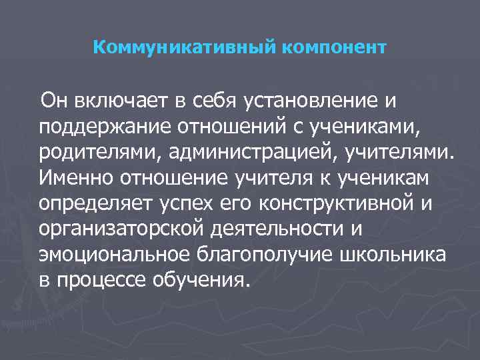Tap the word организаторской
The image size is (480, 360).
coord(106,229)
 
